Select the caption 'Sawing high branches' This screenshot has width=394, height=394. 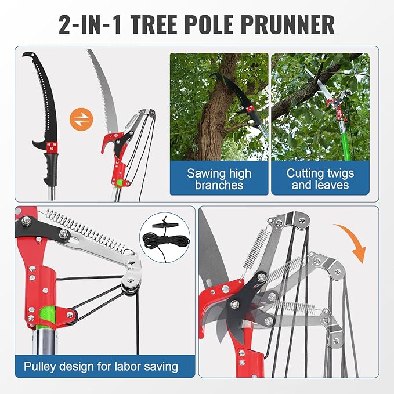[x=219, y=179]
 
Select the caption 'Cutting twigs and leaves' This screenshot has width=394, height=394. [x=320, y=179]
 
